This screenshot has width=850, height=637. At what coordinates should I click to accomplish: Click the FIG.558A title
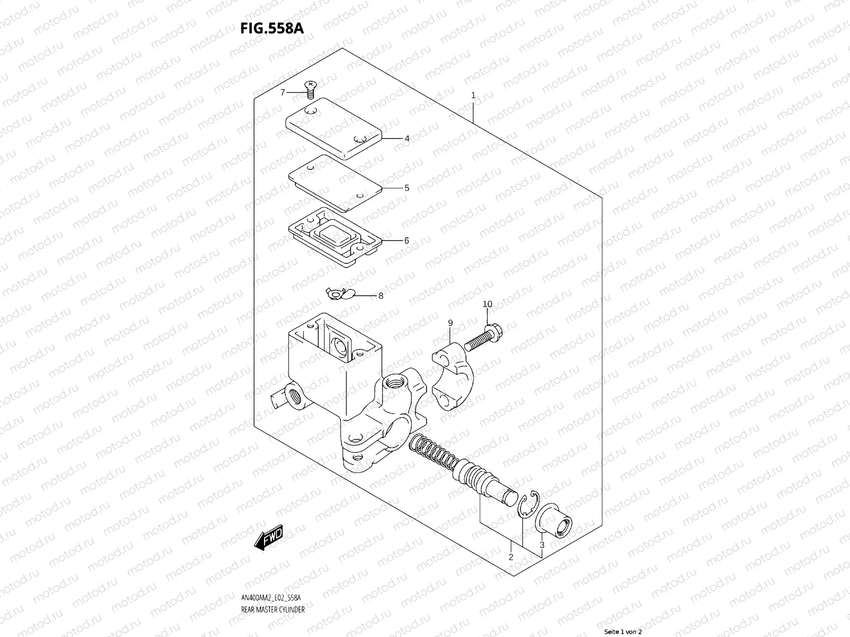point(272,28)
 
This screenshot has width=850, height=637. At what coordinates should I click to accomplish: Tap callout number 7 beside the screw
point(283,92)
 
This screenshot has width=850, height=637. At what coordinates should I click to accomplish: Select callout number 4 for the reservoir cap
point(406,139)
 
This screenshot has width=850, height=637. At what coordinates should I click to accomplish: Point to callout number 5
point(406,188)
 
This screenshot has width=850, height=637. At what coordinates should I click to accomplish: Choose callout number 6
point(406,240)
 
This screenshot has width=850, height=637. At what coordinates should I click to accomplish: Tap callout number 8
point(380,296)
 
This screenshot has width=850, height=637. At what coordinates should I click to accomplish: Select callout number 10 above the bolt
point(487,304)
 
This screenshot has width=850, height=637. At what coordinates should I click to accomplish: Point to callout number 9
point(449,323)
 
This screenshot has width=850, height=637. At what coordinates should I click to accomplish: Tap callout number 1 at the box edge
point(473,96)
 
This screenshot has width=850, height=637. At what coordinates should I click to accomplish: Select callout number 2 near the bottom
point(511,557)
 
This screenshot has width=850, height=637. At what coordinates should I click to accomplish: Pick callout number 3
point(541,545)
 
